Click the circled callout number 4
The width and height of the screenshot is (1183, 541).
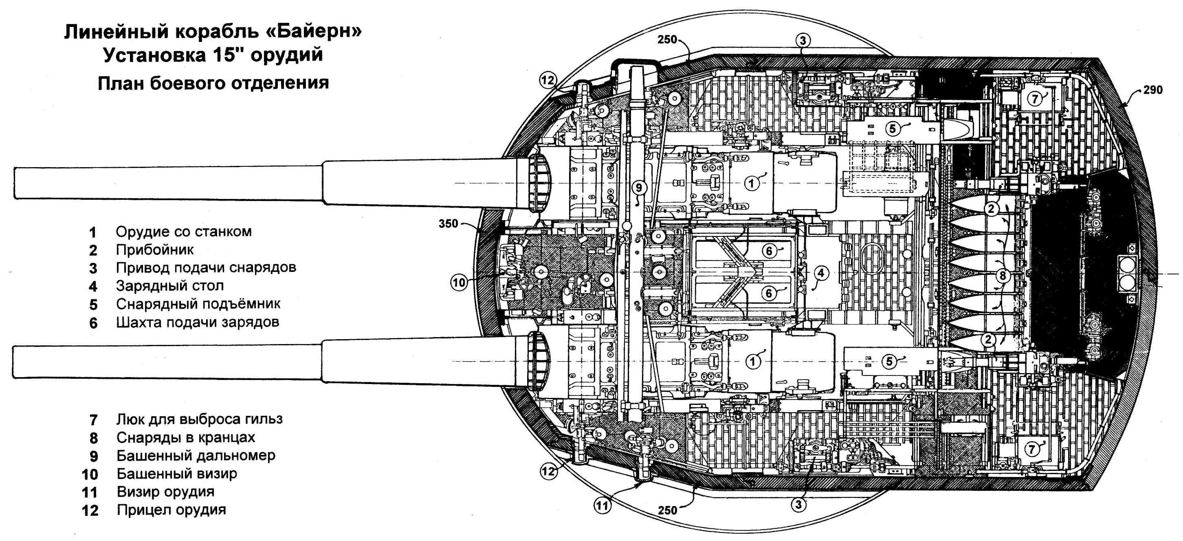[821, 273]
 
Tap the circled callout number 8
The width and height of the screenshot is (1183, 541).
[1003, 276]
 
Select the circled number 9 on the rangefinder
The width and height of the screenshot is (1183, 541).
[638, 188]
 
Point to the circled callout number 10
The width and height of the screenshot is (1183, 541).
[459, 282]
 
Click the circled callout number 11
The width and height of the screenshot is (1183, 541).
[602, 506]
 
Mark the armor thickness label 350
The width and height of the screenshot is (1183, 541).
[448, 224]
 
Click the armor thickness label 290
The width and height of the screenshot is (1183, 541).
[1153, 90]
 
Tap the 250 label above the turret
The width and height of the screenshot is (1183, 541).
[667, 40]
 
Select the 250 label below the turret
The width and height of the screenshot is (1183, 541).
[667, 510]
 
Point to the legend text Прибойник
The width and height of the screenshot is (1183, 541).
[155, 250]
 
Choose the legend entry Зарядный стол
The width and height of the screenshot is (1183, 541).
[170, 286]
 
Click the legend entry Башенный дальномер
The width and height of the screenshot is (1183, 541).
[196, 455]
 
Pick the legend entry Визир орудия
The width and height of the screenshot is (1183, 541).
[165, 492]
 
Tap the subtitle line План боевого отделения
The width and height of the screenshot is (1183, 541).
[213, 83]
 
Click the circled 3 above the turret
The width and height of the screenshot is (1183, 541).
[803, 40]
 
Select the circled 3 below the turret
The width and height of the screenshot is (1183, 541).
[798, 504]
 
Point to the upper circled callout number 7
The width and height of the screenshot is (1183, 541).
[1034, 98]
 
